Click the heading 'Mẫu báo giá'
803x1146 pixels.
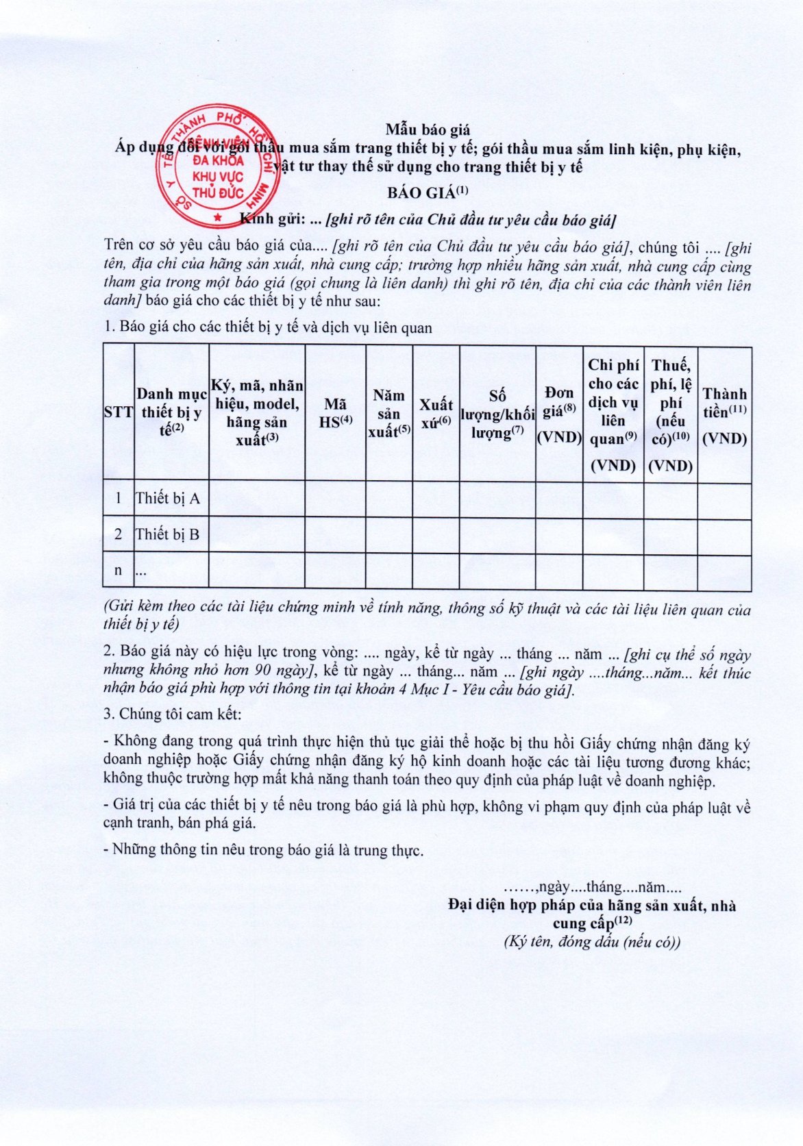pyautogui.click(x=427, y=129)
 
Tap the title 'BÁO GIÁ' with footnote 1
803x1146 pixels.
pyautogui.click(x=428, y=192)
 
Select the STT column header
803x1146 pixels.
pyautogui.click(x=118, y=412)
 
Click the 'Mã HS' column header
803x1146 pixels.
pyautogui.click(x=335, y=413)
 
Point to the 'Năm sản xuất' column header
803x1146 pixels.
pyautogui.click(x=389, y=413)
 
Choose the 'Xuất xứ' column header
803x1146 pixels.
pyautogui.click(x=436, y=413)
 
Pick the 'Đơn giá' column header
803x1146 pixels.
pyautogui.click(x=559, y=413)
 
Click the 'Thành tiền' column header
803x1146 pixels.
pyautogui.click(x=724, y=413)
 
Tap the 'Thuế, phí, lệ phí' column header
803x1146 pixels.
pyautogui.click(x=671, y=413)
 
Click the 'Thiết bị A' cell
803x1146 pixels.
pyautogui.click(x=168, y=499)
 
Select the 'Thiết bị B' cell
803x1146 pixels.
pyautogui.click(x=168, y=534)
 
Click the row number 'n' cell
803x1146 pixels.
pyautogui.click(x=118, y=570)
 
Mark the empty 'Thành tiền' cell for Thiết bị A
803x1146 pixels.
pyautogui.click(x=724, y=500)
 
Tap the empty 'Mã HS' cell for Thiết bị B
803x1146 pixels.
pyautogui.click(x=335, y=535)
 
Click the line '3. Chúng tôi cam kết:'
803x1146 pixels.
pyautogui.click(x=172, y=714)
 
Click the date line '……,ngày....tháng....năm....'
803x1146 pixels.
pyautogui.click(x=592, y=888)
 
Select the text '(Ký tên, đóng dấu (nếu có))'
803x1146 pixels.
pyautogui.click(x=592, y=942)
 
